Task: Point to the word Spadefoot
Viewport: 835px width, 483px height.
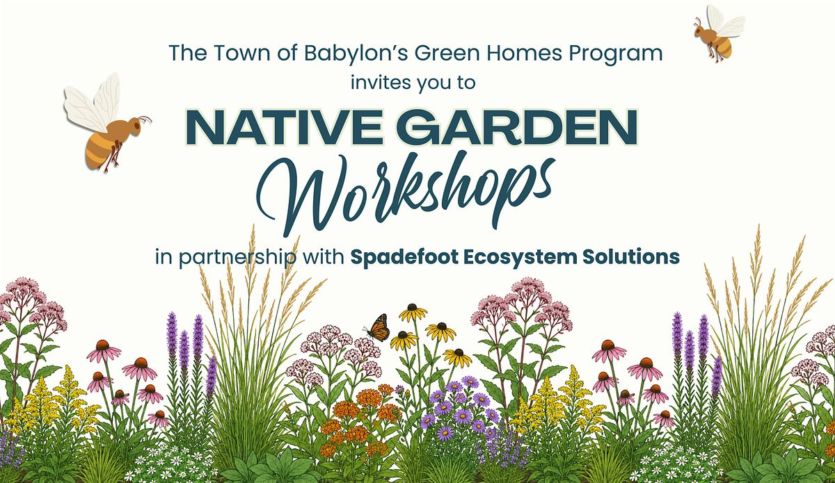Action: [404, 256]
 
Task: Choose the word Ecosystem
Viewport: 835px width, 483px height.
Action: [520, 257]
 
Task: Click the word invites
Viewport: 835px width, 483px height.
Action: [380, 82]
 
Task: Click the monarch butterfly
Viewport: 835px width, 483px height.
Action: [378, 328]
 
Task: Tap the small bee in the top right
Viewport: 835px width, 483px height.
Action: [717, 33]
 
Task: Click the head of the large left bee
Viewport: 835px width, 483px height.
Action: [135, 125]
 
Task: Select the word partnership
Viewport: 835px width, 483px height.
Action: [237, 258]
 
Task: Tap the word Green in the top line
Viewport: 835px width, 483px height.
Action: [447, 54]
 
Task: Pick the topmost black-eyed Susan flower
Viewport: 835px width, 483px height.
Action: [413, 313]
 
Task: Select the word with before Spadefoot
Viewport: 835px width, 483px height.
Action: [323, 256]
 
